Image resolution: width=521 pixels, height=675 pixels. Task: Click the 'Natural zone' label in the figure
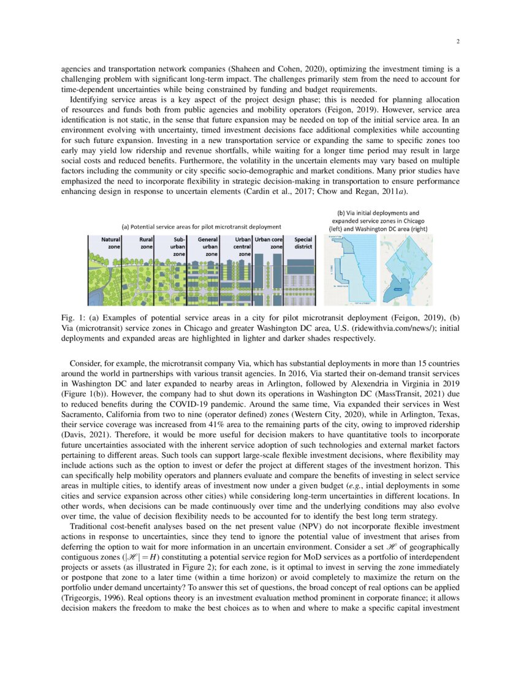tap(110, 242)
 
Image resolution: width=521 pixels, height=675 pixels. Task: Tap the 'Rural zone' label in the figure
tap(146, 242)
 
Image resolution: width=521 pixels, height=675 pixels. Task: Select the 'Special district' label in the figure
tap(303, 242)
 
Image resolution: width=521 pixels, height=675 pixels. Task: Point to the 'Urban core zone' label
tap(268, 242)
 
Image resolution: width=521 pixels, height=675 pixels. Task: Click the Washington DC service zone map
tap(406, 269)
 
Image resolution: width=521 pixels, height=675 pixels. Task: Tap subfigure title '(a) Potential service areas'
tap(202, 226)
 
